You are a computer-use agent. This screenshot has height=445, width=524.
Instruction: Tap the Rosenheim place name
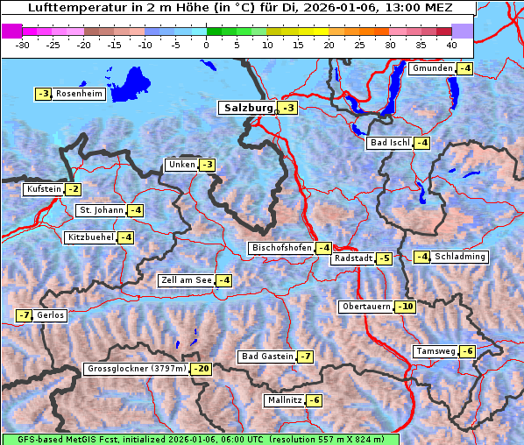tap(79, 94)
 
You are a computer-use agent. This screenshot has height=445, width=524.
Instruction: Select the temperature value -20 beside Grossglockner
tap(202, 370)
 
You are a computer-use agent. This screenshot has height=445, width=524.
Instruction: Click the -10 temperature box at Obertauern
tap(405, 307)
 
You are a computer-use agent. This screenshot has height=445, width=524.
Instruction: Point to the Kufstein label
tap(43, 189)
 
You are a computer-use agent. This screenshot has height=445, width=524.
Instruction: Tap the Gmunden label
tap(432, 68)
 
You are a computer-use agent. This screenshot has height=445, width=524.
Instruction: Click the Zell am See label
tap(186, 280)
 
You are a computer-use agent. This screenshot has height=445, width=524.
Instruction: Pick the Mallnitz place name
tap(283, 400)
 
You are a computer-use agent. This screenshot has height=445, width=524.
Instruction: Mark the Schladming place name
tap(460, 257)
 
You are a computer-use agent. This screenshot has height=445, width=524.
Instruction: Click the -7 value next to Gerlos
tap(24, 315)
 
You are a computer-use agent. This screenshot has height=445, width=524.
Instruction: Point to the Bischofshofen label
tap(281, 248)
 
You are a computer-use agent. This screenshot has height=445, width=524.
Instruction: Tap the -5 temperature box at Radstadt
tap(384, 258)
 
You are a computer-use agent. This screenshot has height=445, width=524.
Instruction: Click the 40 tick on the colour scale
tap(451, 44)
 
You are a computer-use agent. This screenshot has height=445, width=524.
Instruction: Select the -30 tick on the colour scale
tap(23, 44)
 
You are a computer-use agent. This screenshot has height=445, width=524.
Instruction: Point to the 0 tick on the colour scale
tap(207, 44)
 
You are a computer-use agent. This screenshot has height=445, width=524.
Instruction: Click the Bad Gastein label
tap(267, 357)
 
